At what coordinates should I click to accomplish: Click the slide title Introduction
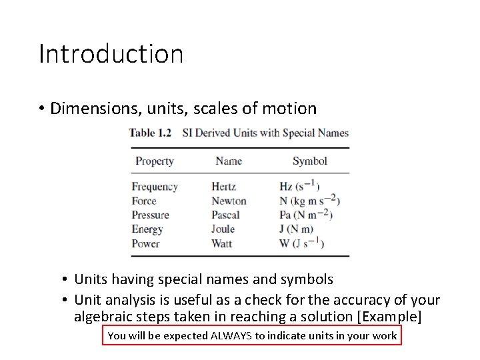coord(111,54)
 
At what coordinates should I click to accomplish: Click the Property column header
coord(154,161)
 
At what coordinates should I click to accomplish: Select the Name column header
coord(229,161)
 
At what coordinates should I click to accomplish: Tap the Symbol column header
coord(309,161)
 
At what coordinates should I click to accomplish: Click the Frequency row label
coord(155,187)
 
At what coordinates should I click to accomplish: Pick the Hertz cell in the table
coord(223,187)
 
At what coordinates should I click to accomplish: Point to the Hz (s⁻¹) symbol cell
coord(299,187)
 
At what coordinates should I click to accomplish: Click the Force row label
coord(144,201)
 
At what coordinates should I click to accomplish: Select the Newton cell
coord(229,201)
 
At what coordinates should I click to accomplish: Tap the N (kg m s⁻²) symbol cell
coord(310,201)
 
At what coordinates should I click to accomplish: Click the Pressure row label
coord(150,215)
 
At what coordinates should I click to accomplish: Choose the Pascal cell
coord(225,215)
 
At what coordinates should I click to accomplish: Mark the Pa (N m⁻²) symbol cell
coord(305,215)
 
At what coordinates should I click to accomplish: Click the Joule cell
coord(223,229)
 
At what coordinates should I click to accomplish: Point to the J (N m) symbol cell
coord(296,229)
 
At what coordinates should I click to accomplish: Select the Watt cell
coord(221,243)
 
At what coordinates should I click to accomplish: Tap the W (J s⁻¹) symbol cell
coord(301,243)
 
